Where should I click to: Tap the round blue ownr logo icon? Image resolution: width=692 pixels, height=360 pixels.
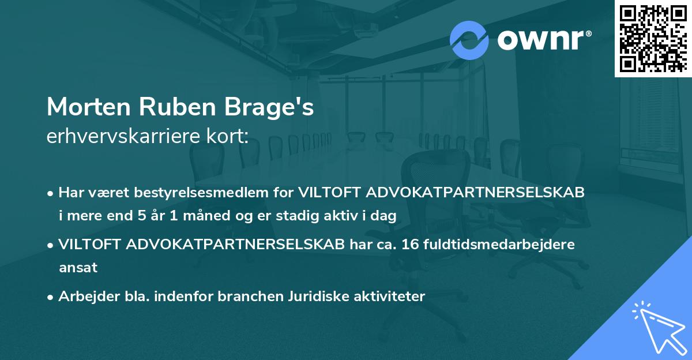coord(469,40)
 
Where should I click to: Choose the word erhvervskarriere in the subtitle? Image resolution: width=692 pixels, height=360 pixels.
coord(115,137)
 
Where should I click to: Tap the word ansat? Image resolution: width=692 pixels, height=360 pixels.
coord(78,268)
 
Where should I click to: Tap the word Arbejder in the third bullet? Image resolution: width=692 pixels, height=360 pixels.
coord(84,297)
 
